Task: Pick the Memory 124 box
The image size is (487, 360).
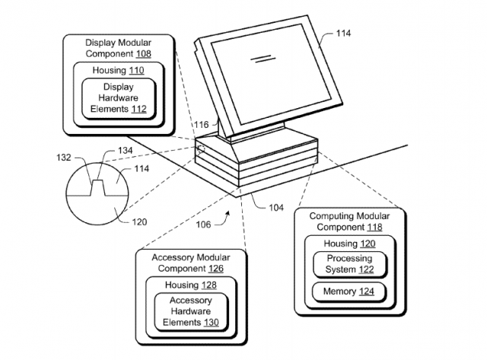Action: pos(347,291)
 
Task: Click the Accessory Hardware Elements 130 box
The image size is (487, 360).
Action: pos(193,311)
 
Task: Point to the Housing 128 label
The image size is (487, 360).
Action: pos(193,284)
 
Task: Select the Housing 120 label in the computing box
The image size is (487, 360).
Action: pos(347,244)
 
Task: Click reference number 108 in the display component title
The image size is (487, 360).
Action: pos(142,56)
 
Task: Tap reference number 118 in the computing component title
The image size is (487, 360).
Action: pos(374,228)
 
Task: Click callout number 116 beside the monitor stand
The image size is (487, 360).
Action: pos(201,123)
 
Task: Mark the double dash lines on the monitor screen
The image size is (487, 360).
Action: pos(262,57)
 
